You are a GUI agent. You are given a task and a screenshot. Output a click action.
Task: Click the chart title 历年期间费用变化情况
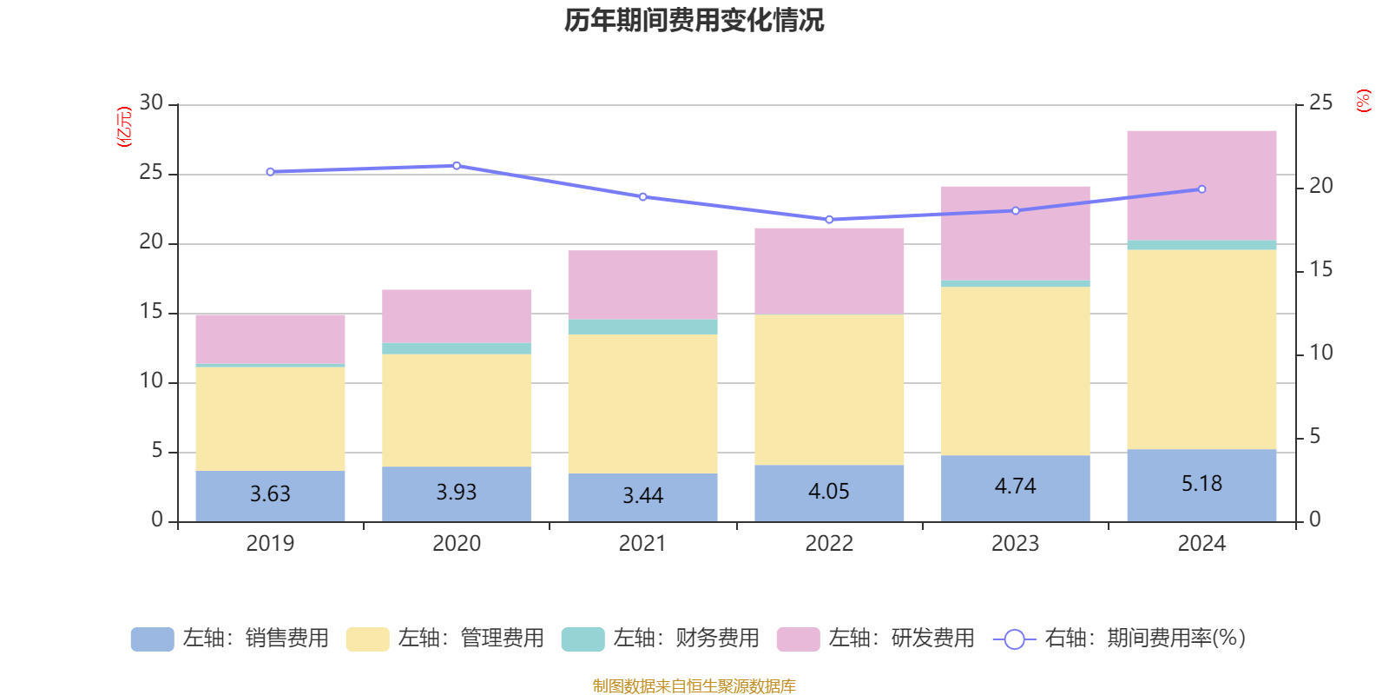pos(694,20)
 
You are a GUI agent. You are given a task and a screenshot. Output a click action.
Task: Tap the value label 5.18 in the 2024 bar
pos(1201,484)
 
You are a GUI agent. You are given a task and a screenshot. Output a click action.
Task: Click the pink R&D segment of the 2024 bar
pos(1201,185)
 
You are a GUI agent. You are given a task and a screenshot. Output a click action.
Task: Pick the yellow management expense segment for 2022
pos(829,389)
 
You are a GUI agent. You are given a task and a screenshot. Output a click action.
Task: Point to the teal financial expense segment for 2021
pos(642,327)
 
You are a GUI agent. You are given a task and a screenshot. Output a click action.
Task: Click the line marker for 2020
pos(457,165)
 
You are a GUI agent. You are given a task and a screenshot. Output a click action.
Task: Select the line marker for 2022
pos(829,220)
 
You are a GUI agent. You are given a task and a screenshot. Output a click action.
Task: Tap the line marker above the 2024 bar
pos(1201,189)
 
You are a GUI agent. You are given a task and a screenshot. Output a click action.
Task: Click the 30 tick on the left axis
pos(151,103)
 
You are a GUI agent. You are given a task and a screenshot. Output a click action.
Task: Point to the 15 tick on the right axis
pos(1320,269)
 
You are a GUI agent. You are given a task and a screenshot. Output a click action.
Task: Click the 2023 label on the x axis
pos(1015,544)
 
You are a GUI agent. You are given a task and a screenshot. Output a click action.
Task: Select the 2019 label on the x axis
pos(270,544)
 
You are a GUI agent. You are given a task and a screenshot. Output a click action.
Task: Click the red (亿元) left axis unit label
pos(123,127)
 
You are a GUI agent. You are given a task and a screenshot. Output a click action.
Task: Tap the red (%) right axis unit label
pos(1363,101)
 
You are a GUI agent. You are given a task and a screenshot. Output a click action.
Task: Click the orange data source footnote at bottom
pos(694,686)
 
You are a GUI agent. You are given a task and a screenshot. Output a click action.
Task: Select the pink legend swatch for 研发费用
pos(798,639)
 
